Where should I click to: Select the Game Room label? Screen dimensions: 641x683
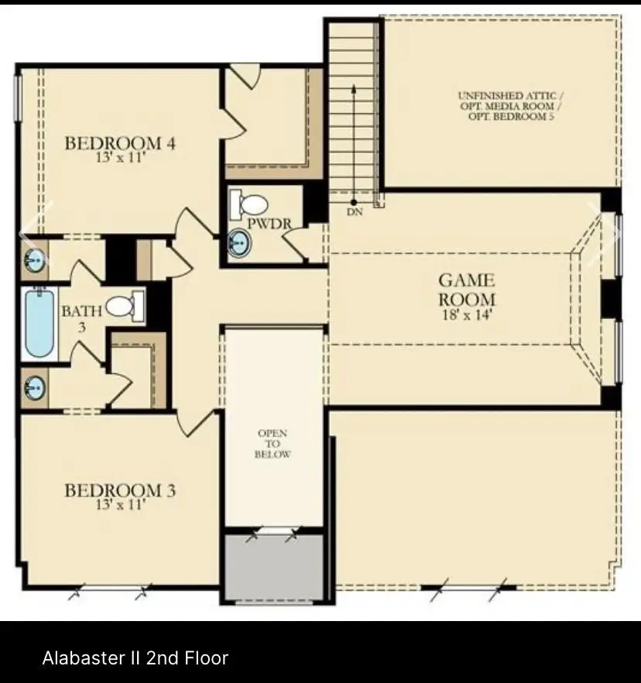(x=467, y=290)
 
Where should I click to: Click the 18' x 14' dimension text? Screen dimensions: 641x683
(x=467, y=314)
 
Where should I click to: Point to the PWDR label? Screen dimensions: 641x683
(x=269, y=224)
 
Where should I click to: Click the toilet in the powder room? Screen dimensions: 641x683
(x=249, y=204)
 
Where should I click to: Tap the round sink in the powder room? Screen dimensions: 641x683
(x=239, y=243)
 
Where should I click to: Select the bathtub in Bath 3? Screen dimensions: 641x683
(x=39, y=323)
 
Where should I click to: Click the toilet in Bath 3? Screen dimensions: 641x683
(x=125, y=306)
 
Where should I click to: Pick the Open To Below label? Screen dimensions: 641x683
(x=273, y=444)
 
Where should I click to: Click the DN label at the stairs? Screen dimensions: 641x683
(x=355, y=212)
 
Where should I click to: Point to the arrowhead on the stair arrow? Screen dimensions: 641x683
(x=354, y=88)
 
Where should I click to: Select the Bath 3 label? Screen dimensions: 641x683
(x=82, y=319)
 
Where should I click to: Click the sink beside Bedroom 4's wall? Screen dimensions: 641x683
(x=35, y=260)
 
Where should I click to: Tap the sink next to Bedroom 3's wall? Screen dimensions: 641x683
(x=35, y=388)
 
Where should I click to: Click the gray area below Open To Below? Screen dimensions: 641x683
(x=274, y=567)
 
